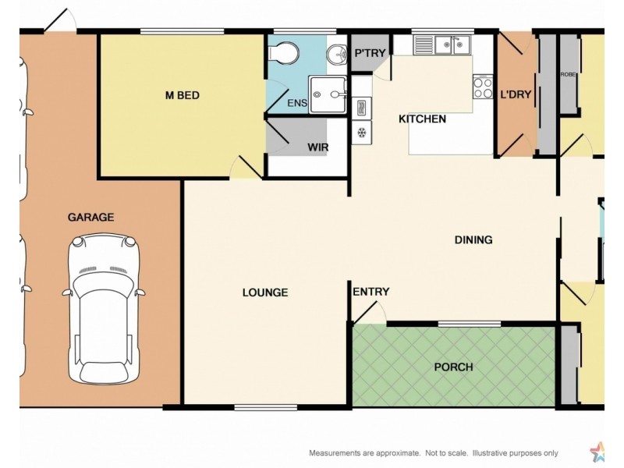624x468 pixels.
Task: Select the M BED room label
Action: pos(182,96)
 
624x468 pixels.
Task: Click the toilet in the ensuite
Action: pos(283,52)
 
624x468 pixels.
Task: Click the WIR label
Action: pos(317,147)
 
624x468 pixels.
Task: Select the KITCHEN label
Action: pos(422,119)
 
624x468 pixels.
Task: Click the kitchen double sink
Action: pos(450,46)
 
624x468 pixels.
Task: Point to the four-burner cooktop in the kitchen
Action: pos(483,87)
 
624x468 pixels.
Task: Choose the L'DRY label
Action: pos(516,95)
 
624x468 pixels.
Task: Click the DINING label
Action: pos(473,240)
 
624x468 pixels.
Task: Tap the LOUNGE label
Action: pos(265,293)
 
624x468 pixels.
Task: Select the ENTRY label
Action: pos(370,292)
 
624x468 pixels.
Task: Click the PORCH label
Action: pos(454,367)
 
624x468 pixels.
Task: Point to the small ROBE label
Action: pos(568,75)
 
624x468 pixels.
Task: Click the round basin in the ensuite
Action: pos(337,53)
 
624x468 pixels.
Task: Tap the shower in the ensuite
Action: pos(328,95)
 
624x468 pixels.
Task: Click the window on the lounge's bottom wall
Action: pos(265,406)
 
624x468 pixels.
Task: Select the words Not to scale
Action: pos(442,453)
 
